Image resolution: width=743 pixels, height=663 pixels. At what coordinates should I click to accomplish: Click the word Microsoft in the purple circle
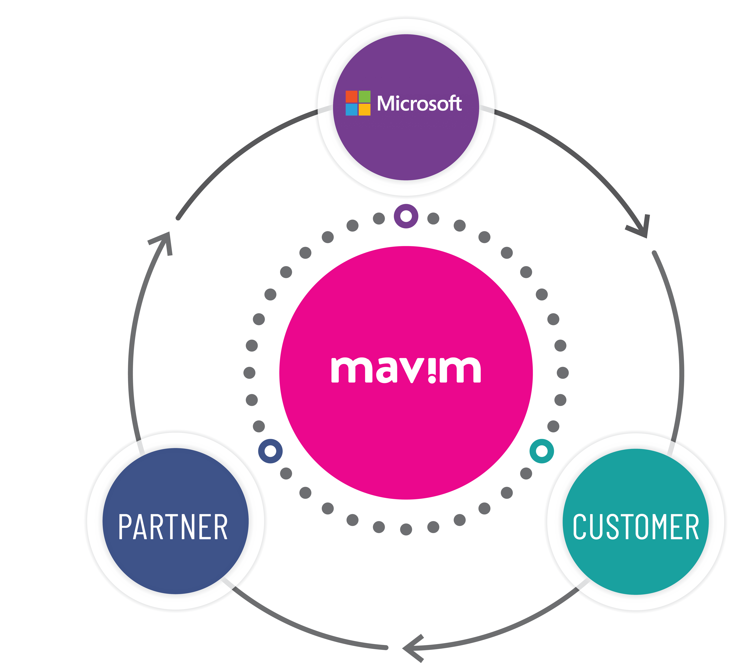coord(419,103)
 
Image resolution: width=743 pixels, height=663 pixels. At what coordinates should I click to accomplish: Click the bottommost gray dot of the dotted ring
coord(406,529)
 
